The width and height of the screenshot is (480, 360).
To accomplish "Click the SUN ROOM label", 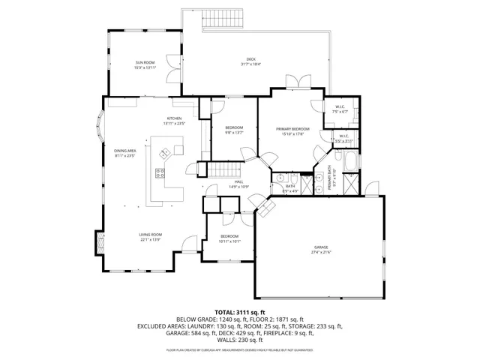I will point(145,62).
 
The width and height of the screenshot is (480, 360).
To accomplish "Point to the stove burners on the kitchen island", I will point(160,174).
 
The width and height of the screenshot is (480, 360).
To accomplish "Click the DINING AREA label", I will point(124,151).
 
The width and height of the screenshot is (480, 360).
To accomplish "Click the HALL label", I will point(238,181).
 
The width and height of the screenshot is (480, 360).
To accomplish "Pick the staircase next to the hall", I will point(222,172).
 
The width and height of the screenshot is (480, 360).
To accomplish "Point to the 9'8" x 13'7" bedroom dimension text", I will point(234,133).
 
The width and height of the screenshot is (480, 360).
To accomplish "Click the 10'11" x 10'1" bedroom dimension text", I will point(229,241).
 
